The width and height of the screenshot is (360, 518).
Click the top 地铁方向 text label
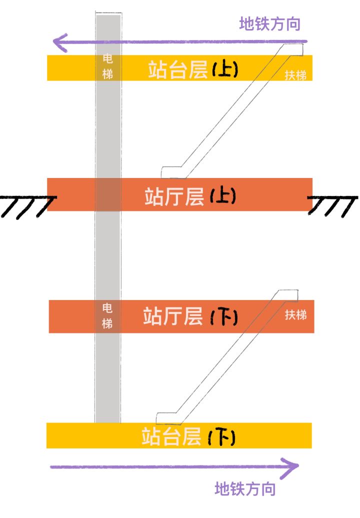(270, 23)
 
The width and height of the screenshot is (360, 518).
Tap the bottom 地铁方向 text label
(245, 488)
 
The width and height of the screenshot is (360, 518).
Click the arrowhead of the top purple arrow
(61, 42)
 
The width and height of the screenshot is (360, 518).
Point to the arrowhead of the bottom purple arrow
(291, 466)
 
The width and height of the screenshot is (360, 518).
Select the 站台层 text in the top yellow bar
(177, 70)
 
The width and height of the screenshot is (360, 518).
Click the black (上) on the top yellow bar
(225, 70)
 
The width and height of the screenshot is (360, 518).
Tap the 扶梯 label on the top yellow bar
(295, 75)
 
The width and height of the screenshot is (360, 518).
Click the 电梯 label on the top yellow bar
(107, 66)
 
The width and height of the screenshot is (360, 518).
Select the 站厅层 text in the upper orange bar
(174, 196)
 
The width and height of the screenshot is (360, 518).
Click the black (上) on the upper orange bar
(222, 196)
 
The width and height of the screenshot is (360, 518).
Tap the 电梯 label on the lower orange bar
(107, 315)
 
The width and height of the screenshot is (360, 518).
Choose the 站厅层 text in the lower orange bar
(173, 316)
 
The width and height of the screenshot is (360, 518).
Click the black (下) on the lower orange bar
(224, 317)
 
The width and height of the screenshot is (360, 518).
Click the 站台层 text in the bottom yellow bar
(171, 436)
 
